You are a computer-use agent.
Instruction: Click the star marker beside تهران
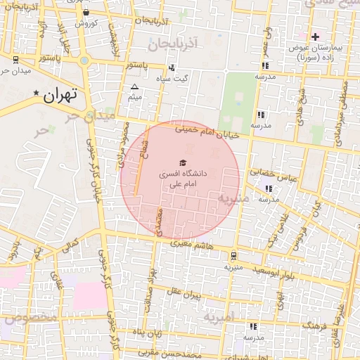36,93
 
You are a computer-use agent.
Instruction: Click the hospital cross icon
315,36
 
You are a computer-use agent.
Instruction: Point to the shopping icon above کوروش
86,13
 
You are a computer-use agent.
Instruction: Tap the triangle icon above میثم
134,87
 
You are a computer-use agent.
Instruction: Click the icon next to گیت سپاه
172,68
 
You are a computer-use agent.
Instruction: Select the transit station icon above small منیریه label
233,256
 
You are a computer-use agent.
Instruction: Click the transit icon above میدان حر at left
15,60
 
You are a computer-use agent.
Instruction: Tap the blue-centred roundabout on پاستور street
84,60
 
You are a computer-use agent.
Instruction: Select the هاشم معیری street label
191,243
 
